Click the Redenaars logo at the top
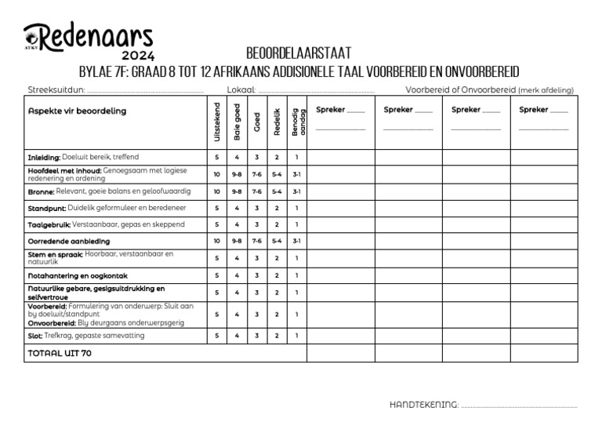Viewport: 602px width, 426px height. point(88,35)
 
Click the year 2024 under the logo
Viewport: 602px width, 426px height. point(138,56)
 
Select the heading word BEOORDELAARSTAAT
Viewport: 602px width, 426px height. point(298,53)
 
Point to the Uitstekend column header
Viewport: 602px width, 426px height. point(217,122)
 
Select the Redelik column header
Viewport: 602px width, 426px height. point(276,122)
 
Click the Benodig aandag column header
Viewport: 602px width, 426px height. point(296,122)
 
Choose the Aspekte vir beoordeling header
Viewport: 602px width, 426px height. point(77,111)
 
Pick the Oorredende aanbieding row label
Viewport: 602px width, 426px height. point(69,241)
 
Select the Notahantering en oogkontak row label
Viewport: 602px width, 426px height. point(78,275)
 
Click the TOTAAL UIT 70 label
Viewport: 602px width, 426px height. point(60,354)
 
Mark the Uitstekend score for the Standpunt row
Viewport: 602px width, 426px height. point(217,208)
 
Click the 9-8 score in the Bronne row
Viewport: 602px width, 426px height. point(237,191)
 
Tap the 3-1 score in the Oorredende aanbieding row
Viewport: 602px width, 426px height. point(296,241)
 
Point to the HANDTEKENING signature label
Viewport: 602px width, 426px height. point(423,405)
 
